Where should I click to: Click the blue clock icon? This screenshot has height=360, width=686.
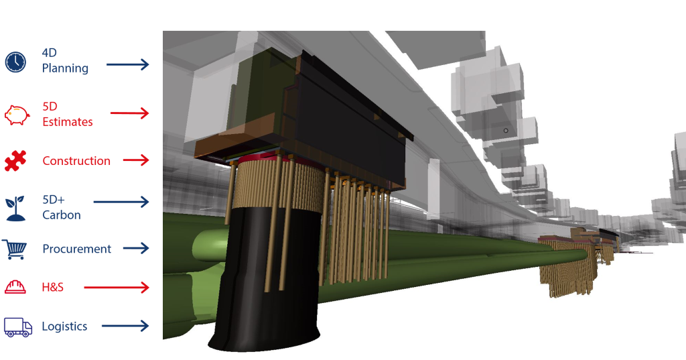16,62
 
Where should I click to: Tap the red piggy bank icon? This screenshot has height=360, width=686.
17,115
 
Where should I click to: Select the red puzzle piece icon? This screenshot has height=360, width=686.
15,160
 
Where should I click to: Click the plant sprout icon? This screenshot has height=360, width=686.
15,208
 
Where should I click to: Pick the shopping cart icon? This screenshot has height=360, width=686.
15,249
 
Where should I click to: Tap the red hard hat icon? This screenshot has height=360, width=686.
15,287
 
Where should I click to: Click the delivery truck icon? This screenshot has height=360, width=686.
18,327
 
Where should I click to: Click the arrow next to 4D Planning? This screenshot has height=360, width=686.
128,65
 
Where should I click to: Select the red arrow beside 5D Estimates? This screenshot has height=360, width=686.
129,113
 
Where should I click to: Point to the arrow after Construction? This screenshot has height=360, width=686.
136,160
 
